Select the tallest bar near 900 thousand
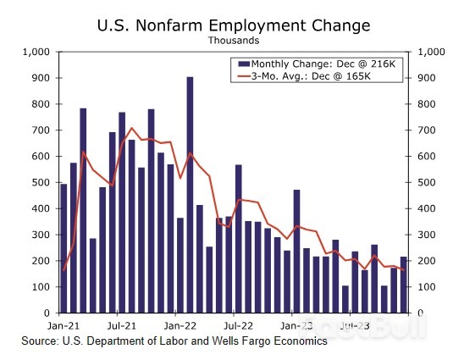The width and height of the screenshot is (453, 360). pos(190,195)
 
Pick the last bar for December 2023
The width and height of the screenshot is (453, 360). pos(404,285)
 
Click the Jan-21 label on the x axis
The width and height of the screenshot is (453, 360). pos(64,324)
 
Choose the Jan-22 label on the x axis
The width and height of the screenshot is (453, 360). pos(180,324)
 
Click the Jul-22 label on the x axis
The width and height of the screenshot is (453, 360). pos(238,324)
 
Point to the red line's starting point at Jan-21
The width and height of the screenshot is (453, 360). pos(64,270)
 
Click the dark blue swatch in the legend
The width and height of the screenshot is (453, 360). pos(244,64)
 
